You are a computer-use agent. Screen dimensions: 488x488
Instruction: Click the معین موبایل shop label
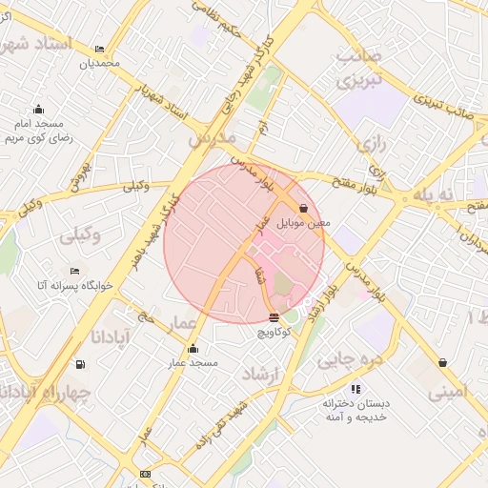click(303, 223)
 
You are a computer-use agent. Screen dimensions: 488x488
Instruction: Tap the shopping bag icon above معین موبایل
click(303, 208)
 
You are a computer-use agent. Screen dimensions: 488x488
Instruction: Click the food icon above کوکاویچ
click(274, 317)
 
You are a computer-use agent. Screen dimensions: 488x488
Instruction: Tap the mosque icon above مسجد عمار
click(193, 348)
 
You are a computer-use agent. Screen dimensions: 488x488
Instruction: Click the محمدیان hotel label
click(100, 63)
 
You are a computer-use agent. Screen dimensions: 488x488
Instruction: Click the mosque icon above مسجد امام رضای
click(38, 109)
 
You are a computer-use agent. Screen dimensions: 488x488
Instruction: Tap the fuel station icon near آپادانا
click(79, 363)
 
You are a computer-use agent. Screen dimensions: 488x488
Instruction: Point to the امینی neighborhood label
click(447, 391)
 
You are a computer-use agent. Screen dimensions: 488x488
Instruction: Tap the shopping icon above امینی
click(442, 363)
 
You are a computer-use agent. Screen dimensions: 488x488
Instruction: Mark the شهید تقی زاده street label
click(221, 424)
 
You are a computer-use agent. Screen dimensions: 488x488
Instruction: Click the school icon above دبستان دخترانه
click(356, 388)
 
